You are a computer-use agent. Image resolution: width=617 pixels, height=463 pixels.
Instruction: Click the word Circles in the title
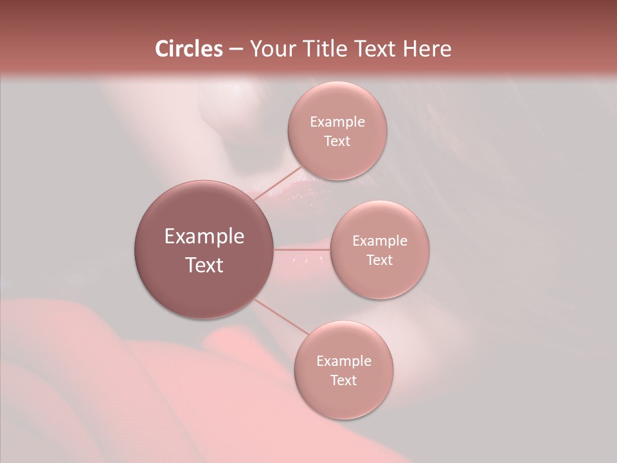[189, 49]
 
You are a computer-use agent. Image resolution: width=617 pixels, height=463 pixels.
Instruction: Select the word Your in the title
[271, 49]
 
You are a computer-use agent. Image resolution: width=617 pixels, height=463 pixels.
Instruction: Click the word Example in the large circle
[204, 237]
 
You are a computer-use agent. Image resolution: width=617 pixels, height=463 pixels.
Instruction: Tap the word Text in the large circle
[204, 265]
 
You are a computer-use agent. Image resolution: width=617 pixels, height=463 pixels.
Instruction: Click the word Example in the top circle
[337, 122]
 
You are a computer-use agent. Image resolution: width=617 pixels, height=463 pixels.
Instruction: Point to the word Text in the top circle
[337, 141]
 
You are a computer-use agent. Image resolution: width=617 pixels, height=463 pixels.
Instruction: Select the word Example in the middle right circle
[379, 241]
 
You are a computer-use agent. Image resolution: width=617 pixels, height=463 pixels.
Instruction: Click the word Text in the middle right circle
[379, 260]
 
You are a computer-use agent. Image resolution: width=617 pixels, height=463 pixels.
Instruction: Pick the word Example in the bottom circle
[343, 361]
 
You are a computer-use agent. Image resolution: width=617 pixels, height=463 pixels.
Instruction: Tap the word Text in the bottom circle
[343, 381]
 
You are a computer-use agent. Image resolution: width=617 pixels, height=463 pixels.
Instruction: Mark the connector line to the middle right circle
[302, 249]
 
